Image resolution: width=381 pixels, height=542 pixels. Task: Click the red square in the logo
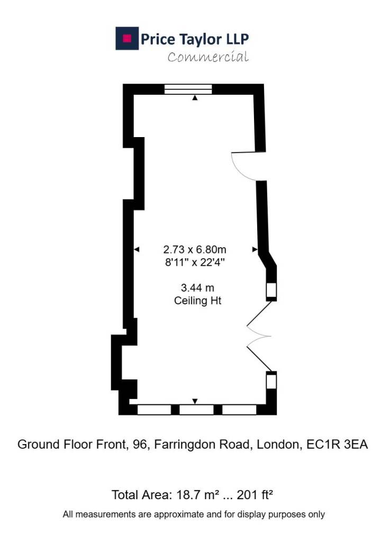127,38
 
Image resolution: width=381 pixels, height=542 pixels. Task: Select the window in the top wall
188,89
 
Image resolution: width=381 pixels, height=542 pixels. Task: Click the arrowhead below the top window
195,98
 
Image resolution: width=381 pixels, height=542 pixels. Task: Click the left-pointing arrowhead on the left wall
137,249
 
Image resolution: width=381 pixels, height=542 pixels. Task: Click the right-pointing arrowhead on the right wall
255,249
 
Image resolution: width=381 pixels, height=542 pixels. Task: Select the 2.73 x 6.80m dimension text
195,249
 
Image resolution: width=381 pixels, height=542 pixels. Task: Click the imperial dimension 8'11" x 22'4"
195,263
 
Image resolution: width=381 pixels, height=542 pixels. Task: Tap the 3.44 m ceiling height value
198,287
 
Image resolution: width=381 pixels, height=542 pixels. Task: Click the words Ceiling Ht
198,301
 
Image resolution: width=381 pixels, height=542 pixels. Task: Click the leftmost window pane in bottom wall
154,410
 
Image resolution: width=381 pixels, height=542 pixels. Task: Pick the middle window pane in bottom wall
196,410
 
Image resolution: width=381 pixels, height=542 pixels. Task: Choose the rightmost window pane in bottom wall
239,410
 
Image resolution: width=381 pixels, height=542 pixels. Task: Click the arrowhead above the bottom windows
195,401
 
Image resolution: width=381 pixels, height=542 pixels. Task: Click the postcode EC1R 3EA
337,444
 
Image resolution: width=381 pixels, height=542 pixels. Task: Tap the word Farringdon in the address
202,445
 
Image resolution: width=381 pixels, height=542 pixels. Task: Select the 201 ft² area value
255,495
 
